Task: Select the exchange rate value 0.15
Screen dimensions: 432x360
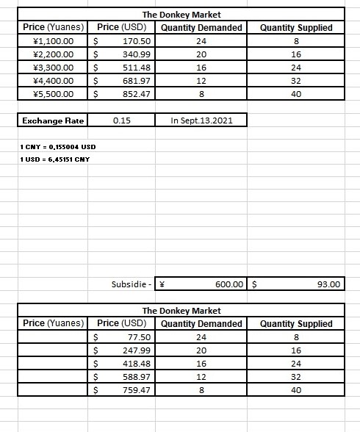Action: [122, 120]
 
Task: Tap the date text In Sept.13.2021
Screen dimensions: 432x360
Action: [201, 120]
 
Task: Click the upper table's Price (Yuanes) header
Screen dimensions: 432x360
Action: [54, 27]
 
